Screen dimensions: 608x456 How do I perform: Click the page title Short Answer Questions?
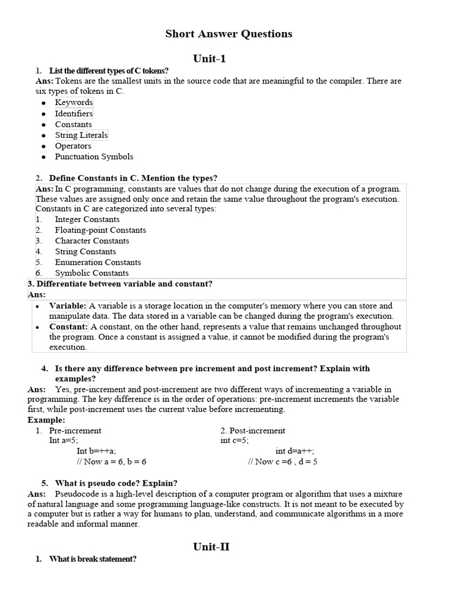pyautogui.click(x=229, y=34)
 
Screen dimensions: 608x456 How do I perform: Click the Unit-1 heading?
pyautogui.click(x=210, y=58)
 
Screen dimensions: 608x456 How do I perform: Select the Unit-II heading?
pyautogui.click(x=211, y=547)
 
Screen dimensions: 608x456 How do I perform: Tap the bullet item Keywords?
pyautogui.click(x=74, y=103)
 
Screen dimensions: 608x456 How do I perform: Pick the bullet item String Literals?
pyautogui.click(x=81, y=135)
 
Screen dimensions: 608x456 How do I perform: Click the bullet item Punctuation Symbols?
pyautogui.click(x=94, y=157)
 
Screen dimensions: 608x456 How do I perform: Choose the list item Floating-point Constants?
pyautogui.click(x=100, y=230)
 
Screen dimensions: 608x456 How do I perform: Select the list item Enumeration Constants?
pyautogui.click(x=98, y=262)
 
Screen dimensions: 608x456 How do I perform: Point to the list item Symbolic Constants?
pyautogui.click(x=91, y=273)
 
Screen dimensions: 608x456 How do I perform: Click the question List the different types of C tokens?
pyautogui.click(x=109, y=71)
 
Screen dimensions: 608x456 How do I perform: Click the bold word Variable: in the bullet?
pyautogui.click(x=68, y=306)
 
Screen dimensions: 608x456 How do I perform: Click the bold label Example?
pyautogui.click(x=46, y=420)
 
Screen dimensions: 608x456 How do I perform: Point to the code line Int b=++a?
pyautogui.click(x=97, y=451)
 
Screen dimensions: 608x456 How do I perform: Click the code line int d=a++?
pyautogui.click(x=295, y=451)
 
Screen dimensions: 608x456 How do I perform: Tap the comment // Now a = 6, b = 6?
pyautogui.click(x=112, y=462)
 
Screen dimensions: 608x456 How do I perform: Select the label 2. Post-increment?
pyautogui.click(x=252, y=430)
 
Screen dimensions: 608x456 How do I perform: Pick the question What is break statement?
pyautogui.click(x=93, y=559)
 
